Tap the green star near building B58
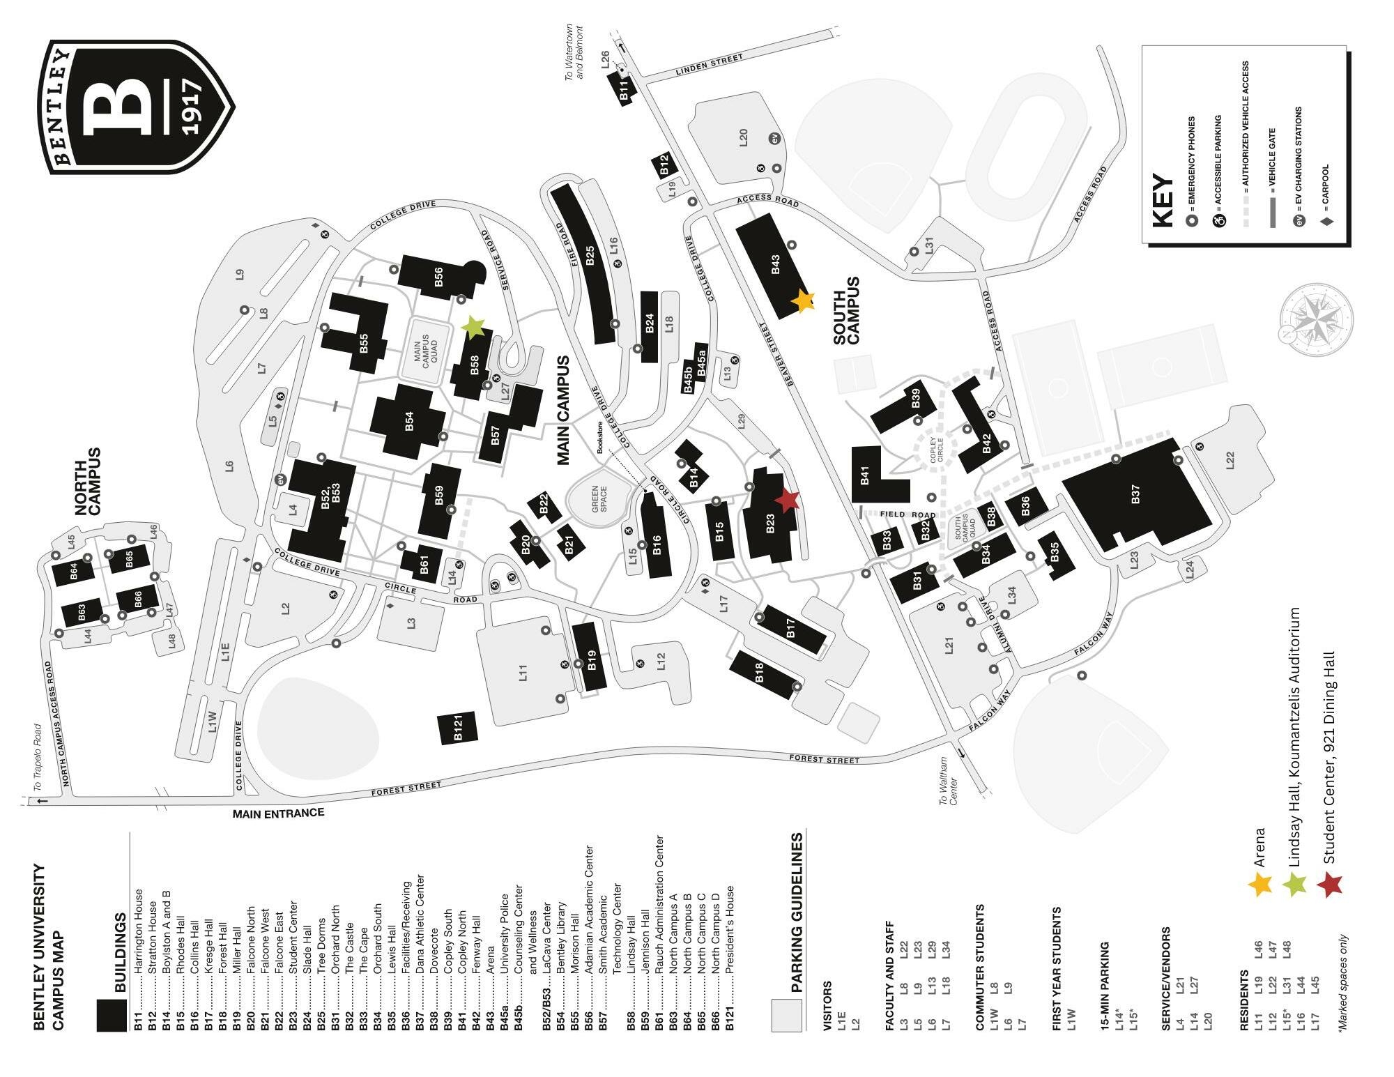coord(473,326)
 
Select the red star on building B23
coord(788,500)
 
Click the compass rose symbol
coord(1316,317)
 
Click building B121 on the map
coord(458,728)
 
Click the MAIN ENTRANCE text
coord(278,813)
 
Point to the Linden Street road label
coord(710,65)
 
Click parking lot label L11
coord(523,672)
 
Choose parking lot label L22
coord(1230,459)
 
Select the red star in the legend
coord(1330,885)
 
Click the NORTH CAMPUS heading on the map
coord(89,481)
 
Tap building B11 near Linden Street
coord(625,89)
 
